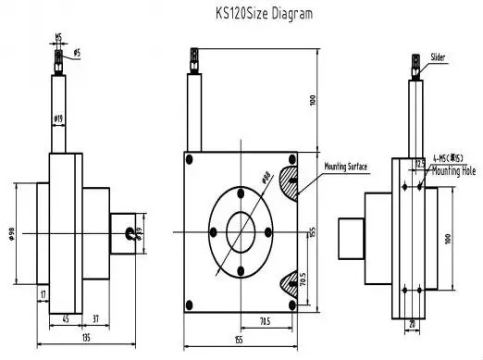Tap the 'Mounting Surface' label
(x=345, y=167)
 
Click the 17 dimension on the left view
(x=43, y=294)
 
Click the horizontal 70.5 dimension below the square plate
(x=265, y=321)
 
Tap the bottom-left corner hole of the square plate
(x=190, y=301)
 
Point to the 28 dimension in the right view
(x=411, y=324)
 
